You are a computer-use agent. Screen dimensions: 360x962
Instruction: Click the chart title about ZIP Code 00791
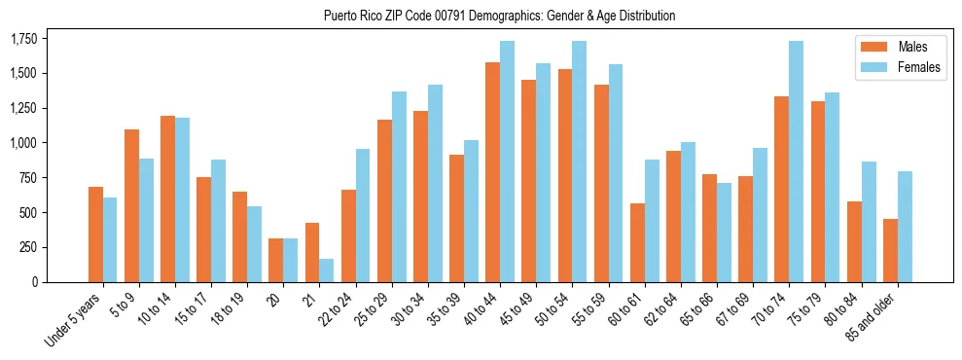(499, 17)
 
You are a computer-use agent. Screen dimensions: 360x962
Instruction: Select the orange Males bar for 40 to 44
(492, 172)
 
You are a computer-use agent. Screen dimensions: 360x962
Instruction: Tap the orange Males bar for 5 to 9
(131, 205)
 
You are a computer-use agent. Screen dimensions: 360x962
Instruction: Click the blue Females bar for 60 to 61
(652, 221)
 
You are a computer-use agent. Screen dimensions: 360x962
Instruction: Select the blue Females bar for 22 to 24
(362, 215)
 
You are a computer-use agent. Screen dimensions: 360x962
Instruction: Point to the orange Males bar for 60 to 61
(637, 242)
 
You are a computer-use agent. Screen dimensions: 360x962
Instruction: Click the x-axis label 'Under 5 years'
(74, 321)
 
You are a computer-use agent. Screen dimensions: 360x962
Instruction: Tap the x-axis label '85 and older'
(872, 319)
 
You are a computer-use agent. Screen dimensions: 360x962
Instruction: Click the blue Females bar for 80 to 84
(868, 222)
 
